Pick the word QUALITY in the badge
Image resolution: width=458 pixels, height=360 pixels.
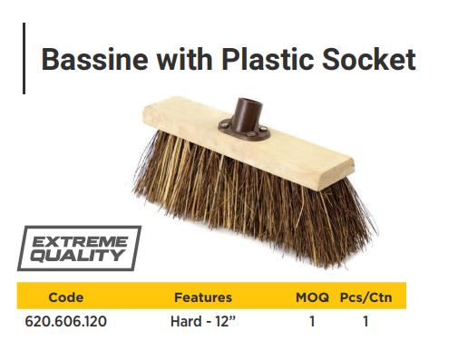[x=78, y=256]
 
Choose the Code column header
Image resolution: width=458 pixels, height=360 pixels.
[x=65, y=297]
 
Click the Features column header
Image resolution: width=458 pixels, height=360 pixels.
[x=202, y=297]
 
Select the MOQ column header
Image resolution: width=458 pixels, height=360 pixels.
[x=312, y=297]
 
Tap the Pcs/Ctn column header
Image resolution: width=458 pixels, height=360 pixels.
[x=365, y=297]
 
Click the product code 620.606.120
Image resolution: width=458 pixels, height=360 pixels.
[x=66, y=321]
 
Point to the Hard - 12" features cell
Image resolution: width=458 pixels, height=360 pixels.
[x=202, y=321]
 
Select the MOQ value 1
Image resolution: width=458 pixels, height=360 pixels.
[x=312, y=321]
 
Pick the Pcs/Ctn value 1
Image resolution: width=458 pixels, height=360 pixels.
[x=365, y=321]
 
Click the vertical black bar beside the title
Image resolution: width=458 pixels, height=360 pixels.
[x=24, y=59]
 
